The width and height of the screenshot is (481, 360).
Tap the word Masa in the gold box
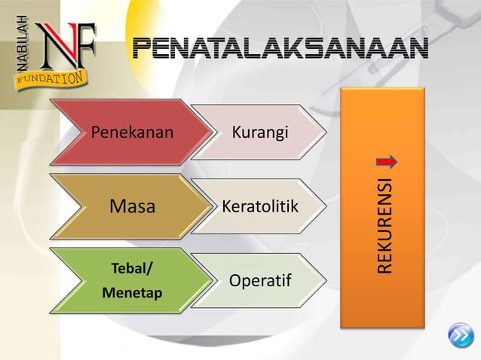132,206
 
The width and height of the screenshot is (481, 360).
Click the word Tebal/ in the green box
129,269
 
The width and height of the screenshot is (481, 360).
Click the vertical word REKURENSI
385,226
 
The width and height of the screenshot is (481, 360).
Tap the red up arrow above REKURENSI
386,163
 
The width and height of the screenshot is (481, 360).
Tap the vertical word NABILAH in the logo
20,43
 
